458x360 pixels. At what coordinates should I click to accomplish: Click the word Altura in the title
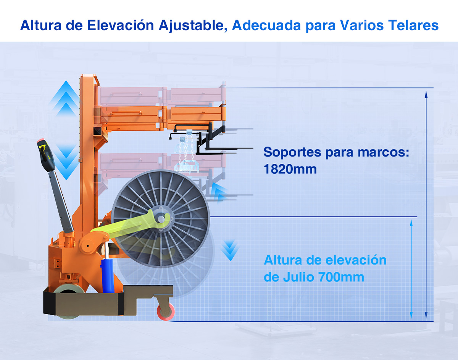(x=41, y=25)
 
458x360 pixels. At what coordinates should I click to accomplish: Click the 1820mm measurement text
(x=290, y=169)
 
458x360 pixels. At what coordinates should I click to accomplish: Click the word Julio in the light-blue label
(x=299, y=277)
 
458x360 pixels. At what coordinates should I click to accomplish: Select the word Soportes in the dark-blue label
(x=292, y=152)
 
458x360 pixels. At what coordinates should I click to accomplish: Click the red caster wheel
(x=166, y=312)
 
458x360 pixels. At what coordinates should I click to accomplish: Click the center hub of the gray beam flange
(x=161, y=219)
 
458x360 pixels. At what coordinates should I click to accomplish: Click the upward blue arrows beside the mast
(x=66, y=98)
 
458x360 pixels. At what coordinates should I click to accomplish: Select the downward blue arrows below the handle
(x=66, y=162)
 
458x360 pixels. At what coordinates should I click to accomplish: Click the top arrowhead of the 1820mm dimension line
(x=426, y=94)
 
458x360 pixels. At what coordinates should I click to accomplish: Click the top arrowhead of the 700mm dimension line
(x=411, y=223)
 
